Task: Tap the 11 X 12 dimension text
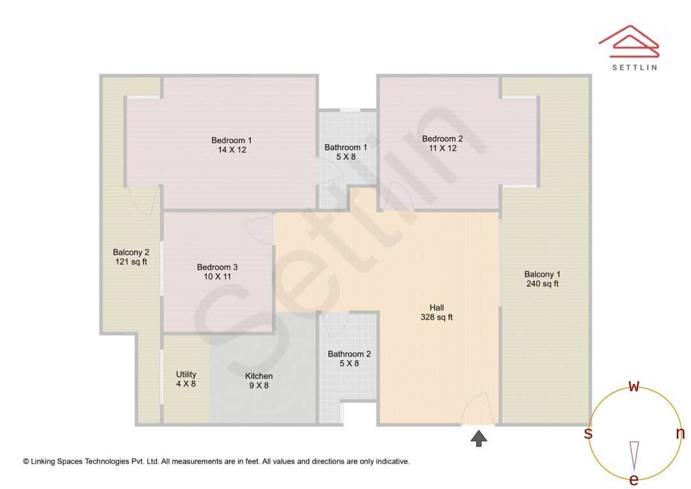pos(442,148)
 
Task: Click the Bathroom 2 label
pos(349,354)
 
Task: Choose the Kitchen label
pos(259,376)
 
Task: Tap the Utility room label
pos(186,374)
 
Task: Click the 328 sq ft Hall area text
pos(437,317)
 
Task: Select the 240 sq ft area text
pos(542,284)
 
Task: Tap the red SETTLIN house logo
pos(628,40)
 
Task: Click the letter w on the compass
pos(634,386)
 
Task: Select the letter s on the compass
pos(588,433)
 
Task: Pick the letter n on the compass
pos(680,433)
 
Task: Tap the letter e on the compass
pos(634,479)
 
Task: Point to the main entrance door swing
pos(477,410)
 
